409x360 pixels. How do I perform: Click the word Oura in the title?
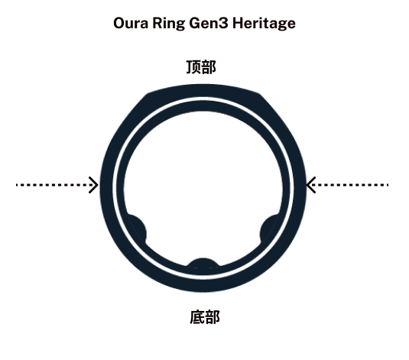pos(131,23)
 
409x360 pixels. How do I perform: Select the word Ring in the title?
pos(168,24)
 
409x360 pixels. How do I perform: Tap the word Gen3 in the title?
pos(209,23)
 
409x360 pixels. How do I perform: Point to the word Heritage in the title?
pos(264,24)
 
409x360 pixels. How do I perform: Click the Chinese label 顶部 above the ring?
pos(201,67)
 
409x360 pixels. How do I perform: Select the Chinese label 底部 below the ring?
pos(205,317)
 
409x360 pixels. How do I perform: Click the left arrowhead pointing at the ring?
pos(93,185)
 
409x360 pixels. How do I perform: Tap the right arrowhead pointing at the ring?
pos(311,185)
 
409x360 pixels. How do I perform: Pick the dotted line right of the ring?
pos(349,185)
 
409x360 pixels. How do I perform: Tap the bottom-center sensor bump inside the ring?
pos(203,263)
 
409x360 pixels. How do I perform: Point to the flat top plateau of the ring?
pos(203,90)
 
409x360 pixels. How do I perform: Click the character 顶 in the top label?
pos(193,67)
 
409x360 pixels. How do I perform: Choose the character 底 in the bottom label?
pos(197,317)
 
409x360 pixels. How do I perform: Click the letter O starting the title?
pos(120,23)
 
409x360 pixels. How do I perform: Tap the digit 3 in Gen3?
pos(223,23)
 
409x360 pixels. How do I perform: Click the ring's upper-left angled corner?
pos(148,94)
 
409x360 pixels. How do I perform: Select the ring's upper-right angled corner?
pos(260,94)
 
